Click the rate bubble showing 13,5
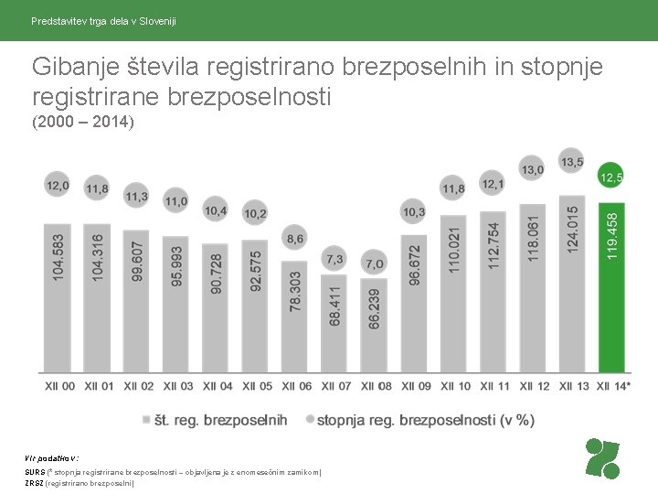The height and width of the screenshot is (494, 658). coord(572,162)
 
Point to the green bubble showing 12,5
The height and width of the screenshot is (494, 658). coord(611,176)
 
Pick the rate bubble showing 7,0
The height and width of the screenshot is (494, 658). coord(374,263)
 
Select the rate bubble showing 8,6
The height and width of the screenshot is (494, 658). coord(295,239)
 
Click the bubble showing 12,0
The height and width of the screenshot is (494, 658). coord(58,186)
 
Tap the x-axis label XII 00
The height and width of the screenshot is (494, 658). coord(59,387)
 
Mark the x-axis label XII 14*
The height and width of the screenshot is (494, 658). coord(613,387)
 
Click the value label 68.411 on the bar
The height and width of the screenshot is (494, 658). coord(335,306)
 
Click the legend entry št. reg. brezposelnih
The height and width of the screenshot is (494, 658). coord(214,420)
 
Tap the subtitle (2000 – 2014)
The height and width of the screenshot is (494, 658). coord(83,122)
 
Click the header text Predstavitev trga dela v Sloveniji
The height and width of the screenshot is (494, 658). coord(103,20)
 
